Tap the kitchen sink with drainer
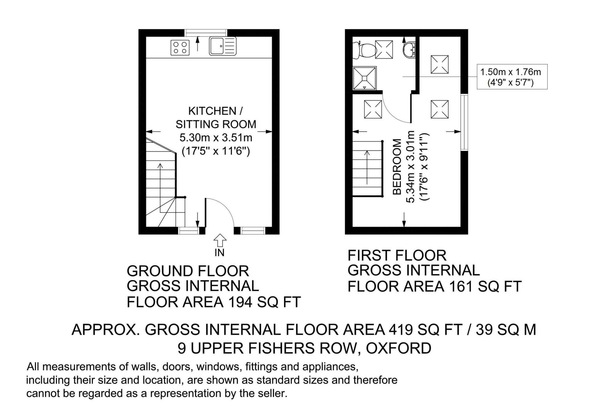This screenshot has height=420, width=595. (x=223, y=46)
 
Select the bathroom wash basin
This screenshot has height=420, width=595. (x=409, y=50)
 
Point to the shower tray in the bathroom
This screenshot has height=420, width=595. (x=364, y=78)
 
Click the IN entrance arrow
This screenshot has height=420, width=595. (x=220, y=241)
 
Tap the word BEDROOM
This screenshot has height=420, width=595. (x=397, y=167)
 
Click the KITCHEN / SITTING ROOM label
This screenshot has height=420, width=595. (x=216, y=118)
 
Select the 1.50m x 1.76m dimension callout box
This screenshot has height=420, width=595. (x=512, y=77)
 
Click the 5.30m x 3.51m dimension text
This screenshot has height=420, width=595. (x=216, y=137)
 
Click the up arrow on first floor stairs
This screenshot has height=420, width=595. (x=367, y=167)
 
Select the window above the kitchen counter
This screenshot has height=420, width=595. (x=206, y=33)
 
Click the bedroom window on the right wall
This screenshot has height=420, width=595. (x=465, y=122)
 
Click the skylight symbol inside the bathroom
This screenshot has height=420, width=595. (x=384, y=49)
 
